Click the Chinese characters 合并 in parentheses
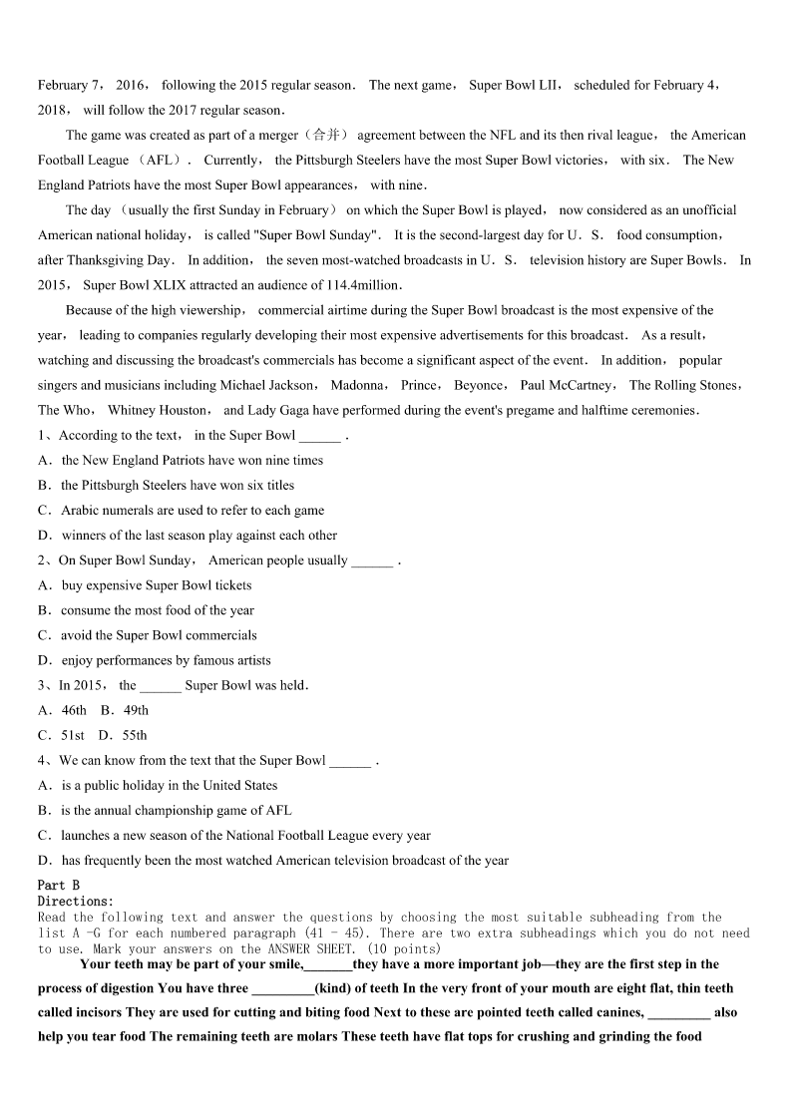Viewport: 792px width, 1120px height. [326, 136]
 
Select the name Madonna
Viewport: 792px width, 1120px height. [359, 385]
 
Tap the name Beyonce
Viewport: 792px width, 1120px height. [479, 385]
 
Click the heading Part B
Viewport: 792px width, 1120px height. [59, 885]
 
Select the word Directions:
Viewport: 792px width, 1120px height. [76, 901]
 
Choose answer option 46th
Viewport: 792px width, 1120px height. [74, 710]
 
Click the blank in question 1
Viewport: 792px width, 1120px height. [319, 437]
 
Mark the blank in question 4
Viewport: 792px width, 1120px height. [349, 762]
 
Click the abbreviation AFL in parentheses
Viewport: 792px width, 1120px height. [159, 161]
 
